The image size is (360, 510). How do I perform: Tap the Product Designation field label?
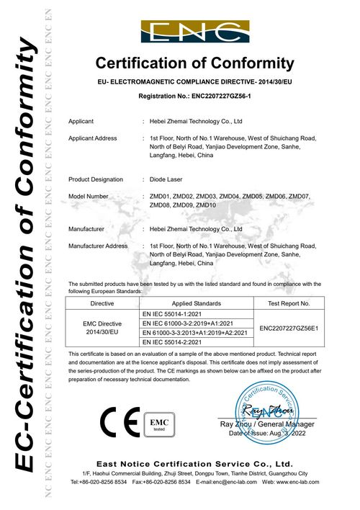(x=96, y=179)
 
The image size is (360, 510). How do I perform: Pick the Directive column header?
(x=101, y=305)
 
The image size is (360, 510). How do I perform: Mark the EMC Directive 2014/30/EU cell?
(x=101, y=328)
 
